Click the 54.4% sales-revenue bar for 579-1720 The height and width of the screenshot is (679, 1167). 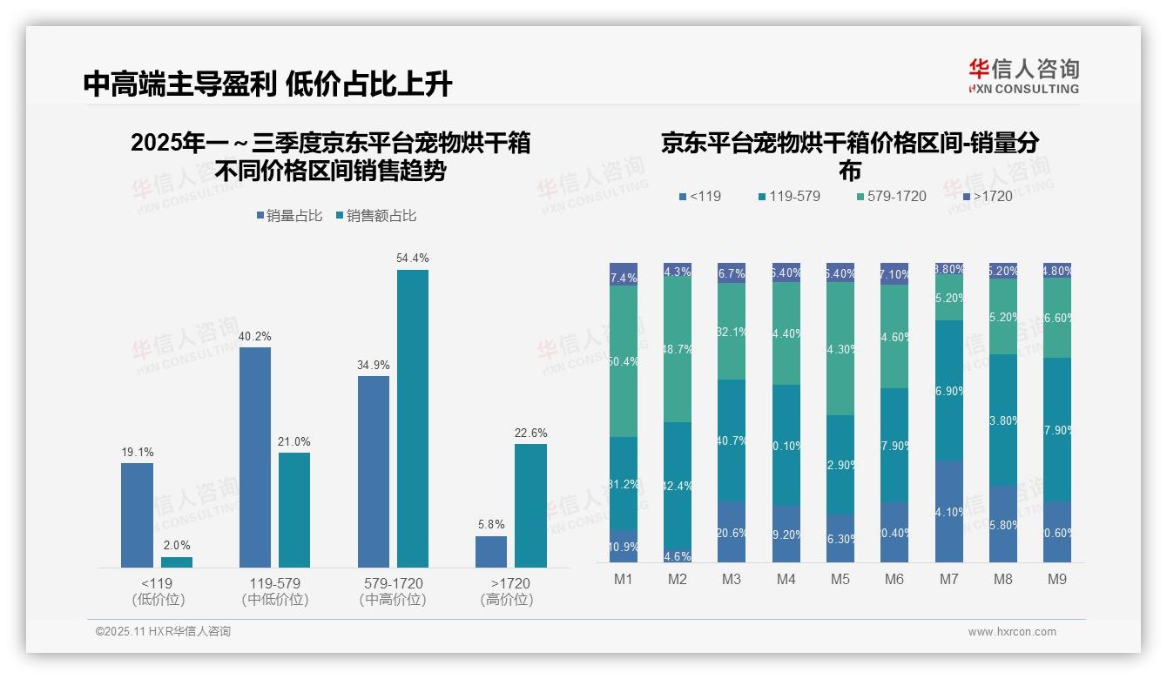pos(413,419)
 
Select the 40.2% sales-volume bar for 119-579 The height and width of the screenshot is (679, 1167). pos(255,457)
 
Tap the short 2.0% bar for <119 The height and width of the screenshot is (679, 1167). pos(177,562)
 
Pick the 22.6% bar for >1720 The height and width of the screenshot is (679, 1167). pos(530,506)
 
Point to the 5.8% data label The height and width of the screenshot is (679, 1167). pos(491,524)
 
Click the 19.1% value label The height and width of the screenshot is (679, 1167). pos(138,452)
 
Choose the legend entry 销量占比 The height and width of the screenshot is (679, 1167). pos(291,216)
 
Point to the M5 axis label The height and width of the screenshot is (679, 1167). pos(840,579)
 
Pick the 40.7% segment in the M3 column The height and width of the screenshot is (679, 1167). pos(732,440)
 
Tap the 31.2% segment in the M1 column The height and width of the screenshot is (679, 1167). pos(624,484)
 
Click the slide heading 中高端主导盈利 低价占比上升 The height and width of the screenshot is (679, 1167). pos(268,84)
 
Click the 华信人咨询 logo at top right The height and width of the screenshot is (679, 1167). pos(1023,76)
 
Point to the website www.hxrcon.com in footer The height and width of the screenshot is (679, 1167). pos(1012,632)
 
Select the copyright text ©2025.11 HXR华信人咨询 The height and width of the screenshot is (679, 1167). pos(163,632)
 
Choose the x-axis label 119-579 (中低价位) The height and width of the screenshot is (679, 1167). pos(275,591)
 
